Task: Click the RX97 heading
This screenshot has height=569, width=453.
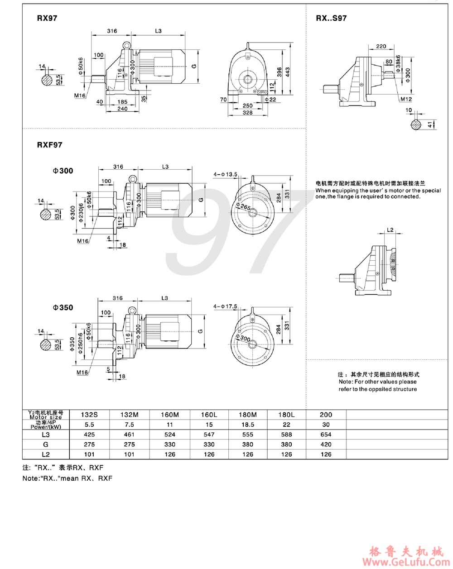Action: pyautogui.click(x=47, y=19)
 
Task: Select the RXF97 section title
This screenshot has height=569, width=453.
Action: pyautogui.click(x=49, y=145)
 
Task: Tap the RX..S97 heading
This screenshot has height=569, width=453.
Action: pyautogui.click(x=331, y=18)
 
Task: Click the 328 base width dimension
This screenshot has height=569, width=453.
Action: pyautogui.click(x=247, y=112)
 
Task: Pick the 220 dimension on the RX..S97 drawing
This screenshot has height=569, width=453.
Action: pyautogui.click(x=381, y=46)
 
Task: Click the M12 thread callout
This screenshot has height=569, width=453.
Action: pyautogui.click(x=405, y=99)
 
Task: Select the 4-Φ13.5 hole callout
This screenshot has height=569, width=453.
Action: pyautogui.click(x=225, y=174)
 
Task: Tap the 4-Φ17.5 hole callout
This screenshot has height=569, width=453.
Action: pyautogui.click(x=225, y=306)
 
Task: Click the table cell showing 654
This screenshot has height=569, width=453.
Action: pyautogui.click(x=326, y=434)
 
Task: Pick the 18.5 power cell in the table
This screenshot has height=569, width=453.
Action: pyautogui.click(x=248, y=425)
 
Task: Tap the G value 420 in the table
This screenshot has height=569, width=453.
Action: pyautogui.click(x=326, y=444)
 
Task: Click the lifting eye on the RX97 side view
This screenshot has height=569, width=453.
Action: pyautogui.click(x=126, y=45)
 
